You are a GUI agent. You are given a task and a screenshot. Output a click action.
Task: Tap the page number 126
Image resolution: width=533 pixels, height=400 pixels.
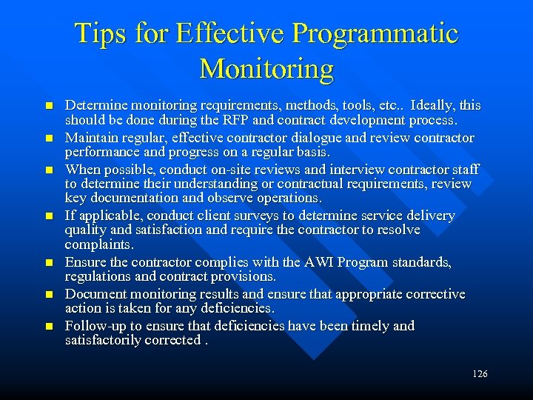click(x=480, y=374)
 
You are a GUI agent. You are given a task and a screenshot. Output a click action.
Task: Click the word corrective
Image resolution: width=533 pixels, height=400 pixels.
click(x=432, y=295)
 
